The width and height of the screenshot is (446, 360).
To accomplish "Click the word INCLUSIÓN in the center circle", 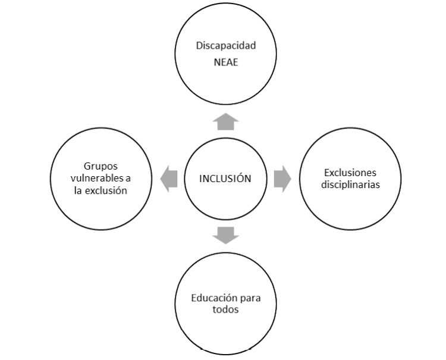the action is [225, 179].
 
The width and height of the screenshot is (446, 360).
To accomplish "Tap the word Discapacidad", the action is [226, 46].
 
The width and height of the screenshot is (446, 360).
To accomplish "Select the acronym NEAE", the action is [226, 62].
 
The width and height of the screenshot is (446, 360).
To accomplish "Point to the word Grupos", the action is [100, 167].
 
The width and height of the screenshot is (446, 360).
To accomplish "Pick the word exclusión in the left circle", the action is [106, 190].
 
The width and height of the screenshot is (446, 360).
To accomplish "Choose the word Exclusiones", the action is [350, 173].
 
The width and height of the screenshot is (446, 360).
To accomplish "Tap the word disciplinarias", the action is [350, 184].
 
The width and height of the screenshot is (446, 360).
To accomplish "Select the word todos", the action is [225, 309].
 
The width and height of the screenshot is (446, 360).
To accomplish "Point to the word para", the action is [250, 299].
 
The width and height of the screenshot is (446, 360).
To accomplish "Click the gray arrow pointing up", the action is [225, 121].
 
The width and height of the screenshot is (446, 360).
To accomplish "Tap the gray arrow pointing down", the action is [225, 236].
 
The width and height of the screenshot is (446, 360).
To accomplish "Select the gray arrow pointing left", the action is [169, 179].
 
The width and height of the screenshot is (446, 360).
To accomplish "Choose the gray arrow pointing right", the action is [282, 179].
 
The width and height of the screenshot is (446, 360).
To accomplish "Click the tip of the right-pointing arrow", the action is [291, 179].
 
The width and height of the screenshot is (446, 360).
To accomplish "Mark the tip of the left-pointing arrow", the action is [161, 179].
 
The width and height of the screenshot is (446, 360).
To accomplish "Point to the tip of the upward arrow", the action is [225, 113].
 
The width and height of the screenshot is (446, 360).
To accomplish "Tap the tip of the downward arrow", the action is [225, 244].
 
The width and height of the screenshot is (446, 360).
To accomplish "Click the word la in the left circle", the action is [78, 190].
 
